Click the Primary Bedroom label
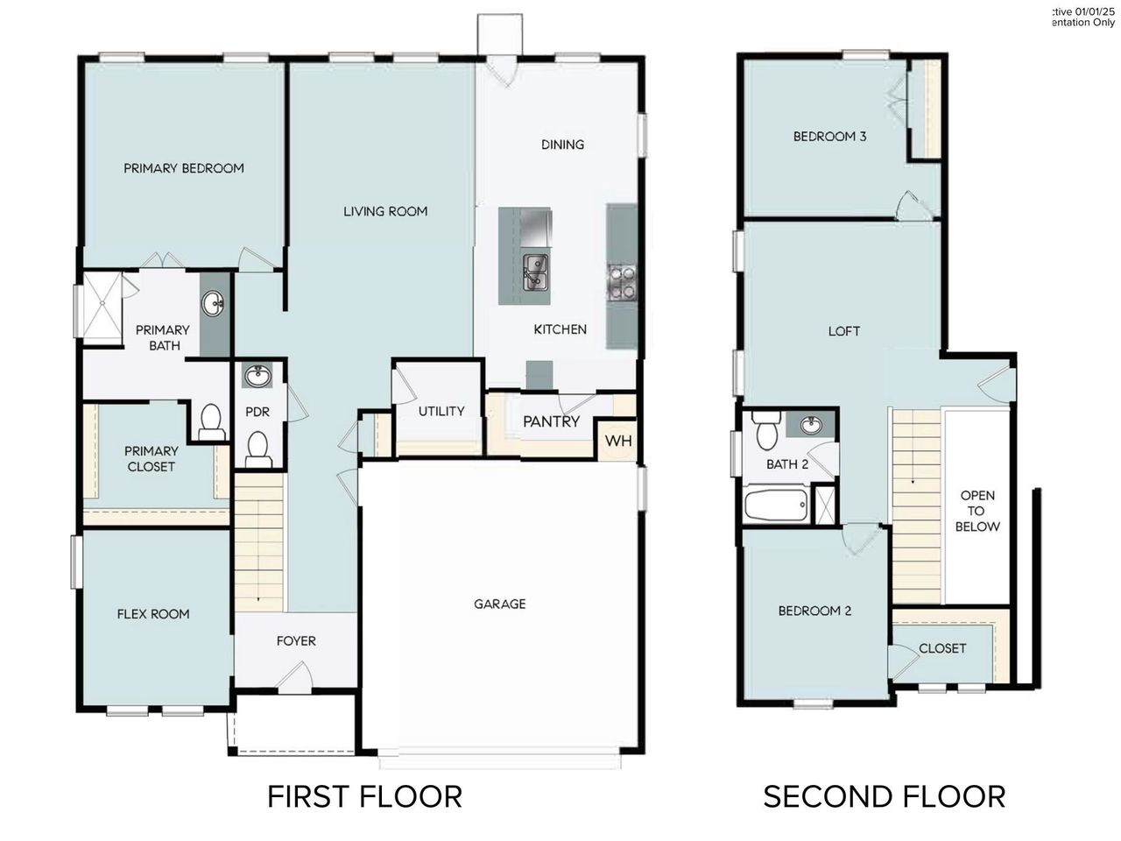(183, 168)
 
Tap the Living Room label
(385, 211)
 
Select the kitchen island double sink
(535, 272)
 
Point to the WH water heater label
(619, 441)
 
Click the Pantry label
(551, 421)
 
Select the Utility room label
(441, 411)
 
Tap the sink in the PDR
(257, 378)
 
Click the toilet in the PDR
(257, 448)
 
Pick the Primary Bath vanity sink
(213, 305)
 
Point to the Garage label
(500, 604)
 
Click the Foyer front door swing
(298, 676)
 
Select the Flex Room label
(153, 614)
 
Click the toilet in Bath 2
(767, 433)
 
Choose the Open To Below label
(976, 511)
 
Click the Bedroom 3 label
(829, 137)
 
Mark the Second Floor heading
(884, 796)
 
